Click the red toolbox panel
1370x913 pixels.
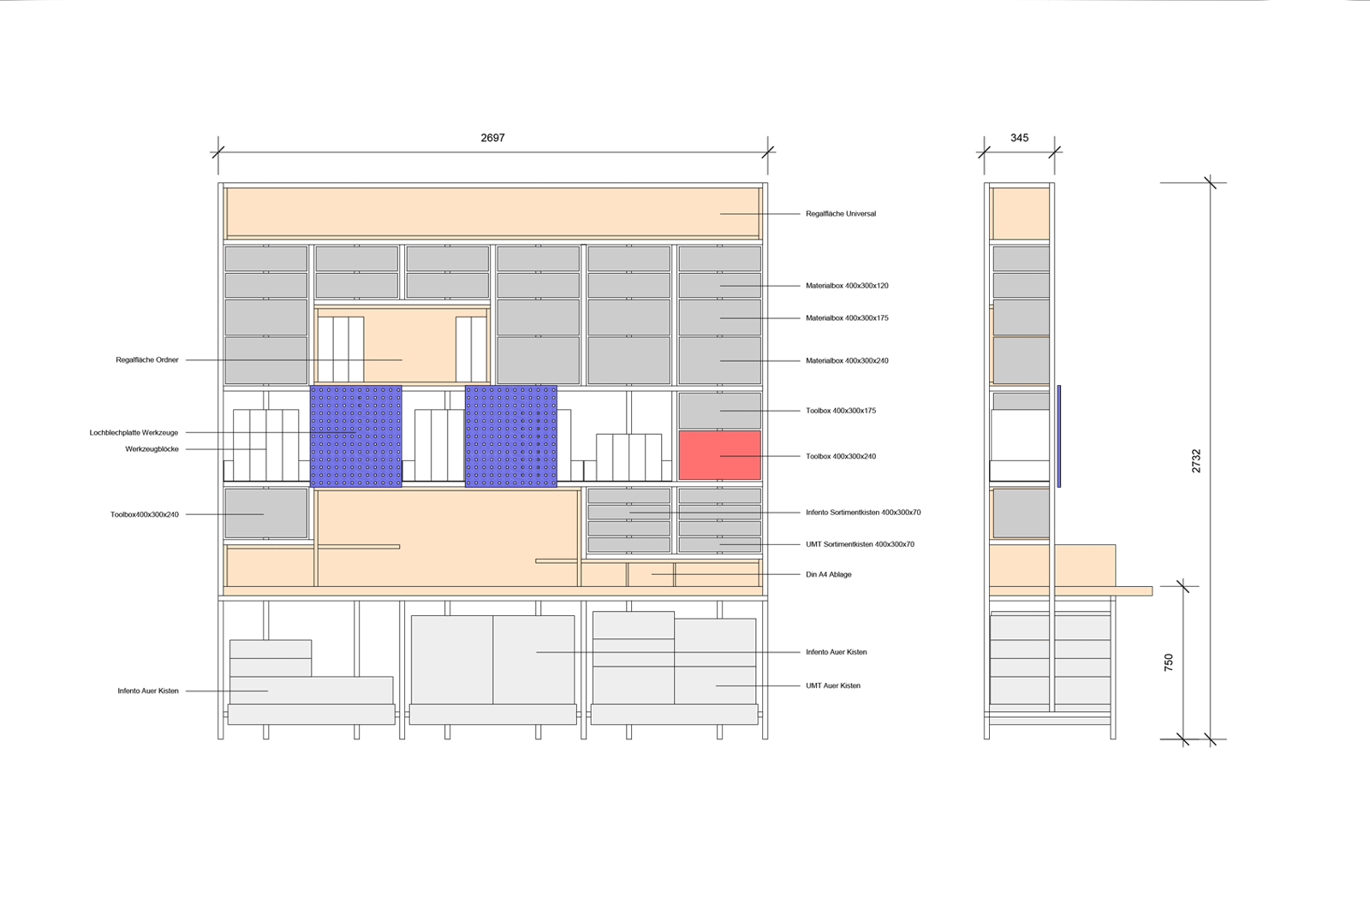719,455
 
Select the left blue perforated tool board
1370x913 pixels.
355,436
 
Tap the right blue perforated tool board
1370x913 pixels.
511,436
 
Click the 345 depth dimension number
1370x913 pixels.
1019,138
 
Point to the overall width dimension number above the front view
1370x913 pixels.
492,138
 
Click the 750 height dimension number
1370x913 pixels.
1169,661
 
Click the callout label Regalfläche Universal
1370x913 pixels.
840,213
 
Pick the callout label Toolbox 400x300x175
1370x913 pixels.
840,411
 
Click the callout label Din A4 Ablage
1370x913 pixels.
828,574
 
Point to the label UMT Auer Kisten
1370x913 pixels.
833,685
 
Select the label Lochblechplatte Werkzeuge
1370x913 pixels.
134,432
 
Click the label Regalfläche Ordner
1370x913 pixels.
147,360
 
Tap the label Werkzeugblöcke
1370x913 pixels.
152,448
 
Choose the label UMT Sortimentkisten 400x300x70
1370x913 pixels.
860,544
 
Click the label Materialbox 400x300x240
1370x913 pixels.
847,360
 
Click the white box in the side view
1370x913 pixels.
1020,445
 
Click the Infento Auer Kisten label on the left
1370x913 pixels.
148,691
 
